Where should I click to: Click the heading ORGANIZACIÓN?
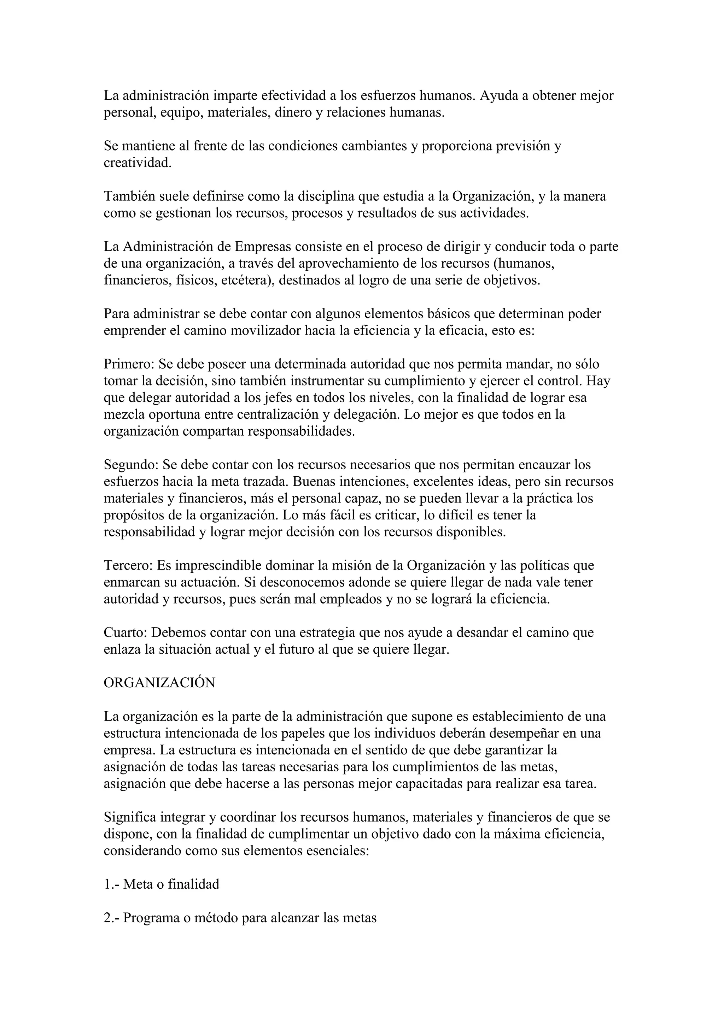(x=159, y=683)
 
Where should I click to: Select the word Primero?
(x=128, y=364)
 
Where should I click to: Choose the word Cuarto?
(x=125, y=632)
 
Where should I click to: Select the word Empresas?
(x=263, y=247)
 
